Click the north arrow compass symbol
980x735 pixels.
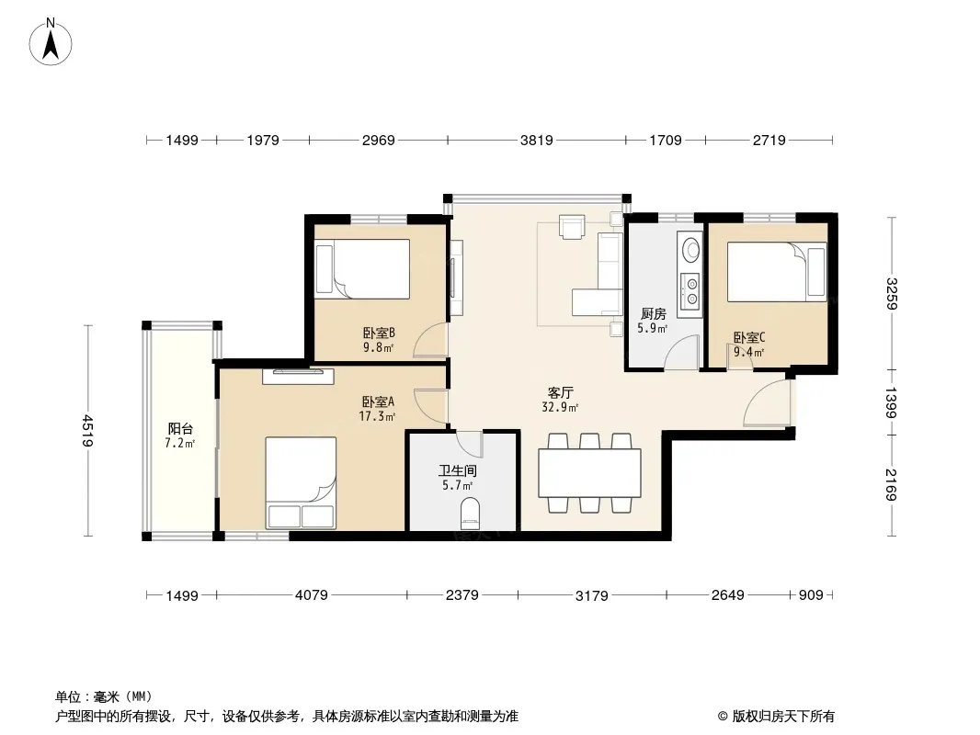coord(51,42)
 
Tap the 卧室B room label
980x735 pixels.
coord(379,334)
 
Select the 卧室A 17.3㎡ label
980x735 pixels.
coord(378,409)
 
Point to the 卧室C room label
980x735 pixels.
coord(748,338)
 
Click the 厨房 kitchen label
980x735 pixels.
coord(653,314)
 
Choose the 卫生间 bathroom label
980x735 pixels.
coord(458,470)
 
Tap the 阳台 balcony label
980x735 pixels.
coord(180,429)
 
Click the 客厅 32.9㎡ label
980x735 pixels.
coord(560,400)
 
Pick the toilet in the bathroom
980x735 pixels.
coord(470,513)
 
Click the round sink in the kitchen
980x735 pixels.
coord(691,249)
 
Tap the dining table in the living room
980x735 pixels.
coord(589,473)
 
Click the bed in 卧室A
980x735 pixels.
coord(301,482)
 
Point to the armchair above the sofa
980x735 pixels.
coord(572,227)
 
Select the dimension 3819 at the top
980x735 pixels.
coord(536,140)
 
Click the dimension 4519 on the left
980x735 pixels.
coord(86,431)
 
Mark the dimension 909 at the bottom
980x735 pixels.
coord(811,595)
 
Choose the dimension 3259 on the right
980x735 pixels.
coord(891,293)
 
